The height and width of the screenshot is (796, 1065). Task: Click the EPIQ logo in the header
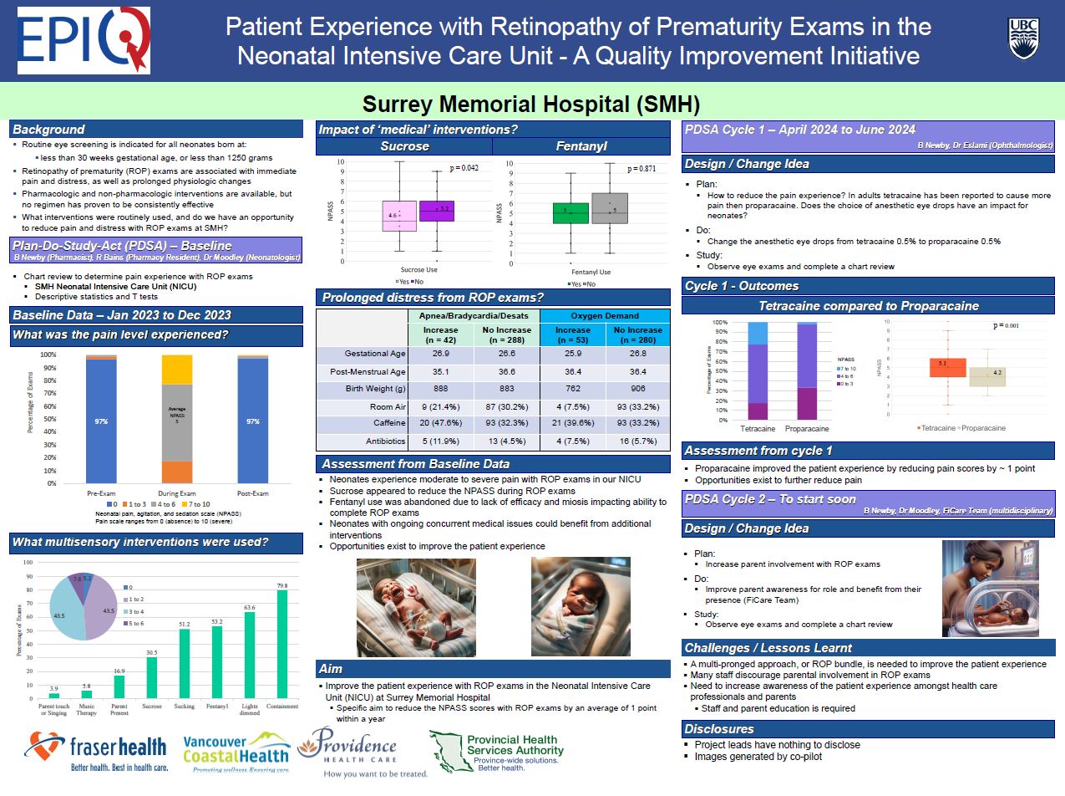click(83, 40)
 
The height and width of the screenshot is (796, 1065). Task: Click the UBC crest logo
click(1024, 39)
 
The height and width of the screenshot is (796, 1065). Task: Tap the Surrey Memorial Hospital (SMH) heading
click(530, 105)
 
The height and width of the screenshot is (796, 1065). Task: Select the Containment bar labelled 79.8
click(281, 644)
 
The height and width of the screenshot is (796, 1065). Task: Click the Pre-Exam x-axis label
click(101, 493)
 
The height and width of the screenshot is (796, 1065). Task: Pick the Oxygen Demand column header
click(604, 315)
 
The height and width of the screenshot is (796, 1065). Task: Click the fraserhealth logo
click(96, 750)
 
